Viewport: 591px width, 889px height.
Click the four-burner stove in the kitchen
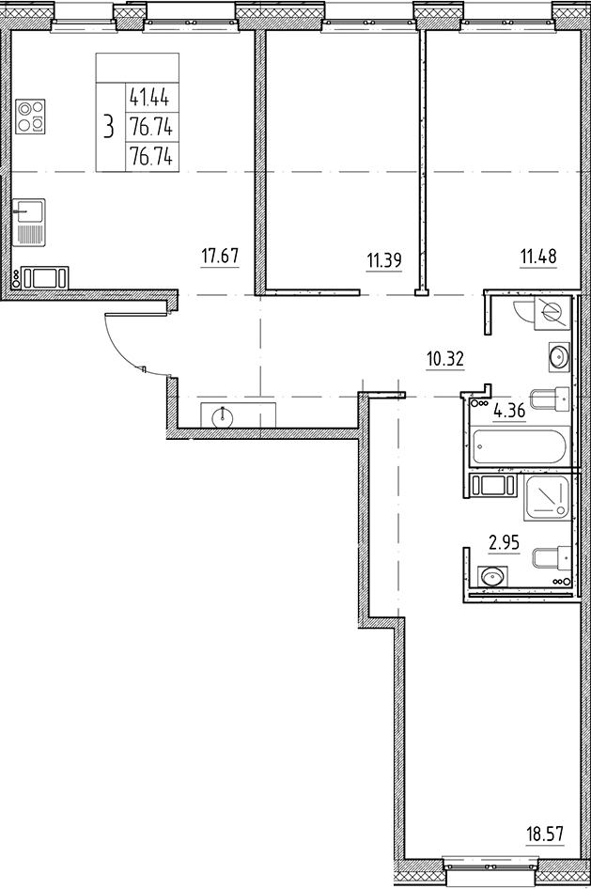point(30,117)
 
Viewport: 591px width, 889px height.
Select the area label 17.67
point(219,254)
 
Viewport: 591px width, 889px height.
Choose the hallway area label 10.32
point(445,357)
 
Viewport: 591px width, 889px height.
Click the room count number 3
point(110,125)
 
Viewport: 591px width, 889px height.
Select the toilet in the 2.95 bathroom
point(550,558)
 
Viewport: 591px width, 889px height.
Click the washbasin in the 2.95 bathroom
point(491,576)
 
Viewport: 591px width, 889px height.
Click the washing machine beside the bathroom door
point(493,486)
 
